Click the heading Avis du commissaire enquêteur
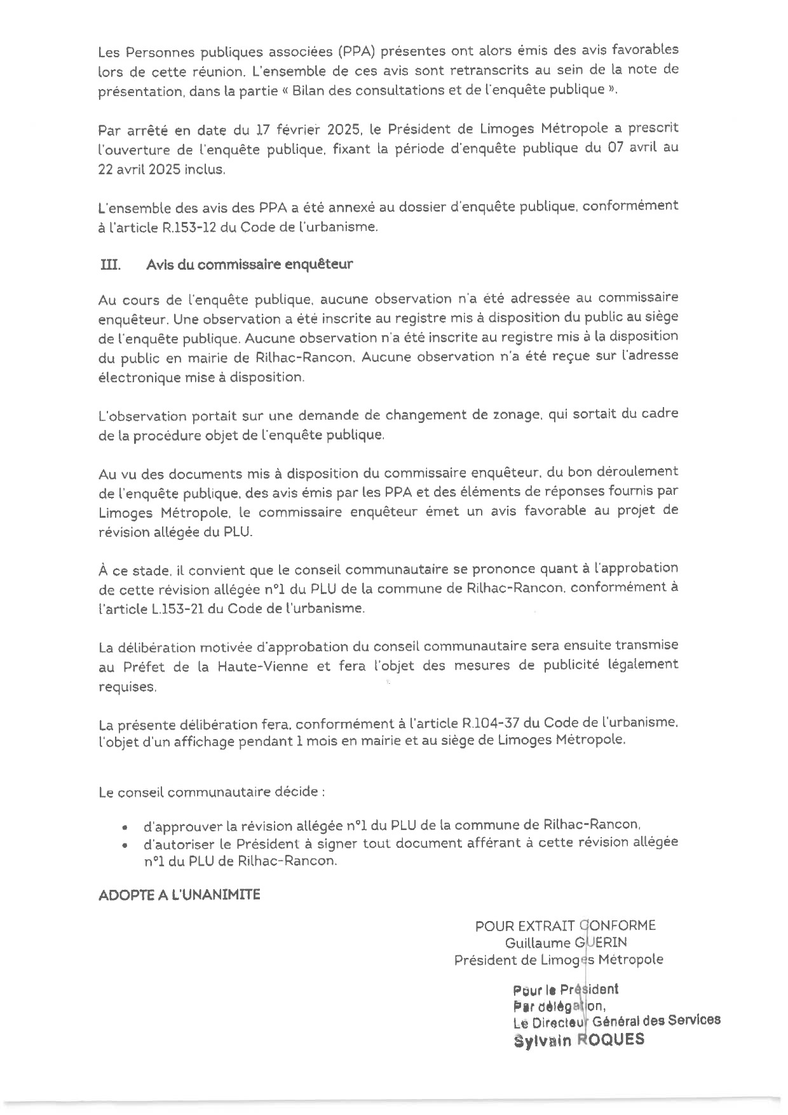point(249,265)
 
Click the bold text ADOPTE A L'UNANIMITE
point(179,895)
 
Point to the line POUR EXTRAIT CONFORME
point(565,926)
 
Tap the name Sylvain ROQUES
point(578,1040)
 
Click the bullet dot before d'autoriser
point(125,845)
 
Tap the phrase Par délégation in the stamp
point(558,1007)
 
